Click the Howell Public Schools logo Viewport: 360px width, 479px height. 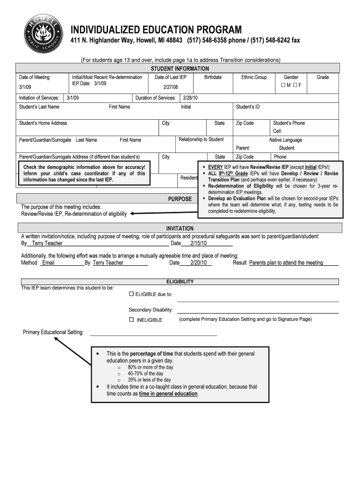pyautogui.click(x=42, y=36)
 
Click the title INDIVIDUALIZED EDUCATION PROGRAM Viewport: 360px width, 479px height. pyautogui.click(x=156, y=30)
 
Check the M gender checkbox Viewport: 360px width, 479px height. pyautogui.click(x=283, y=85)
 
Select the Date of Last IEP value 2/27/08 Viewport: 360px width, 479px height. pyautogui.click(x=171, y=87)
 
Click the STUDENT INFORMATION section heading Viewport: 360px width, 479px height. pyautogui.click(x=180, y=69)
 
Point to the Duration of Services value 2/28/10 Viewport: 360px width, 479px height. pyautogui.click(x=190, y=98)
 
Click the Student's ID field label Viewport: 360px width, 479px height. pyautogui.click(x=248, y=107)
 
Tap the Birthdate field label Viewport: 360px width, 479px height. pyautogui.click(x=213, y=77)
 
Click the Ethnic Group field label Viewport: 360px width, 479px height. pyautogui.click(x=254, y=77)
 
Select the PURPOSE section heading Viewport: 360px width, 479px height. pyautogui.click(x=180, y=199)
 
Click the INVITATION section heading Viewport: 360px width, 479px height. pyautogui.click(x=180, y=228)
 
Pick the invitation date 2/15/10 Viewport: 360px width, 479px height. pyautogui.click(x=198, y=243)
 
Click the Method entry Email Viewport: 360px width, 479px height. pyautogui.click(x=49, y=263)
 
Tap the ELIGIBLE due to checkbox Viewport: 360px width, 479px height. pyautogui.click(x=131, y=294)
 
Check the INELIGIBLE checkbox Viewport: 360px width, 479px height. pyautogui.click(x=131, y=320)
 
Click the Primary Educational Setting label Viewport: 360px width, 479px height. pyautogui.click(x=53, y=332)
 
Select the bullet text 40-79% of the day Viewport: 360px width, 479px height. pyautogui.click(x=145, y=374)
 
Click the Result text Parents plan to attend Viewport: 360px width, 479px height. pyautogui.click(x=286, y=263)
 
